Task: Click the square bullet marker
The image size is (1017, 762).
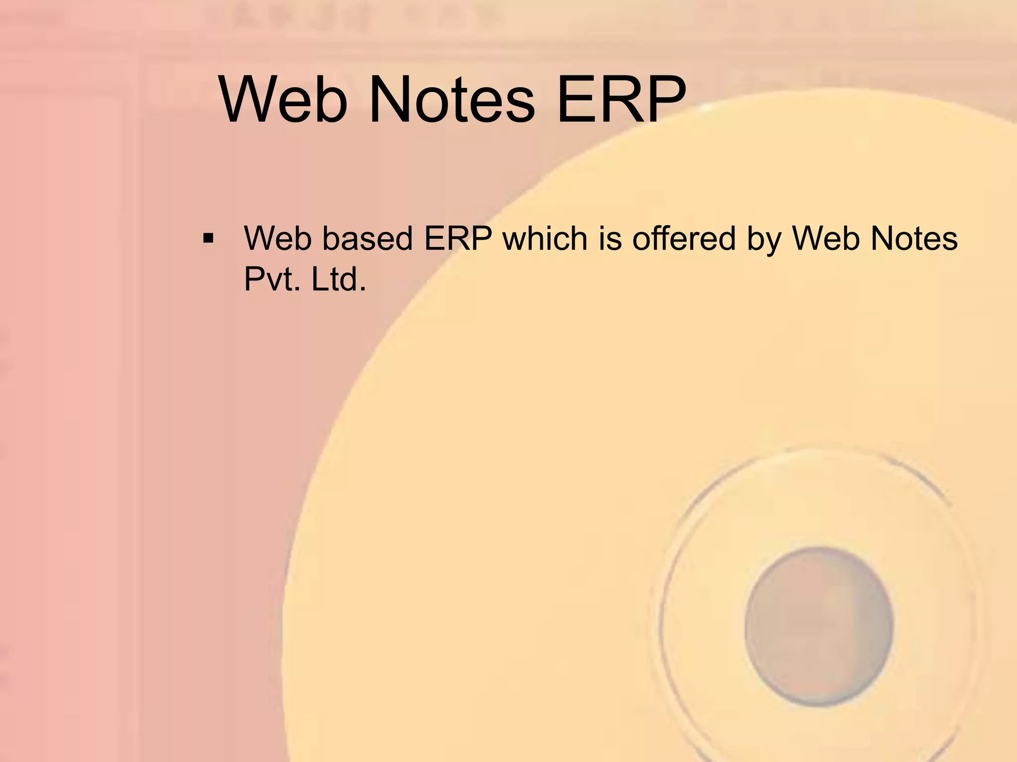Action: [208, 239]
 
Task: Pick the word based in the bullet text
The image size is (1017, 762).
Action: [367, 239]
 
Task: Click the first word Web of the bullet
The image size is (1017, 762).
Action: [278, 239]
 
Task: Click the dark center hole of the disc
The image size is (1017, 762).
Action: [818, 626]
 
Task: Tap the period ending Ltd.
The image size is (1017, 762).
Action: [363, 289]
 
